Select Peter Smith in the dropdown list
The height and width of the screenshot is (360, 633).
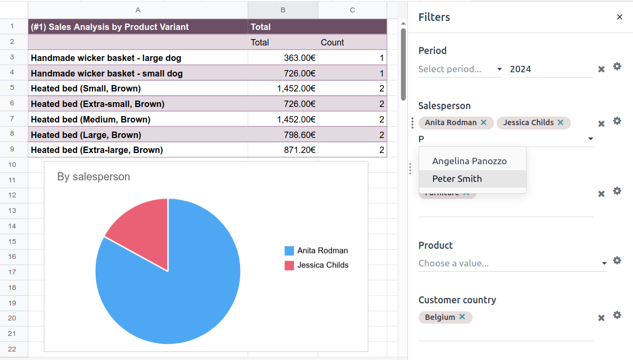pos(457,179)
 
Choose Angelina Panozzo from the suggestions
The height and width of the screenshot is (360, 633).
pos(469,161)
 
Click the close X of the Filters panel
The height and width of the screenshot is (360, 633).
pos(620,17)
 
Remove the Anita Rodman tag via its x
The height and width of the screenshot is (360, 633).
pos(484,122)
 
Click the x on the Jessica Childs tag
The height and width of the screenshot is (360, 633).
pos(560,122)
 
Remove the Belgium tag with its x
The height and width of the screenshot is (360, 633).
pos(462,317)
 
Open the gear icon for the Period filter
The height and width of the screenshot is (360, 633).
pos(617,66)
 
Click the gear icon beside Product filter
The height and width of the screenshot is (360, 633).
pos(617,261)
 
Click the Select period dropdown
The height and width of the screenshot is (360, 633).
pos(460,69)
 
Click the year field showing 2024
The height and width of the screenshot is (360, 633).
pos(551,69)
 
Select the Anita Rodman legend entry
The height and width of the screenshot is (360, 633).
pos(322,250)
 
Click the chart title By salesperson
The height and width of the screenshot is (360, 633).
pos(94,177)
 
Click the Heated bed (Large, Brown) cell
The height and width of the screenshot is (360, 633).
pos(137,135)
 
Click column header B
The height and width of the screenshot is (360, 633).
pos(283,10)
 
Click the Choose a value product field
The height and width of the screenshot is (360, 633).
pos(508,263)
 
